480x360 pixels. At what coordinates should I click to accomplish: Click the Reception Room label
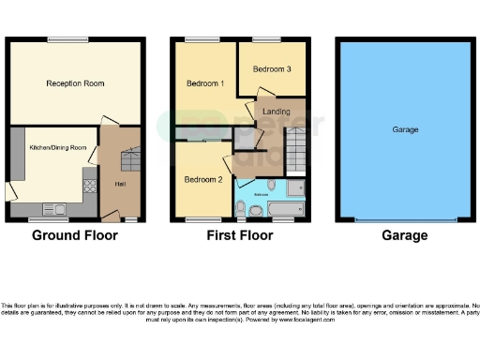75,83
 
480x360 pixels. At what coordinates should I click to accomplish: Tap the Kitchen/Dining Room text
57,148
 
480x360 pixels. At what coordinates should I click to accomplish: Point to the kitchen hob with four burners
90,184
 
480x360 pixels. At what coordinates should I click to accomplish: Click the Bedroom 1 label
204,83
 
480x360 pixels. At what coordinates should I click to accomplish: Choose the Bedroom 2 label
202,179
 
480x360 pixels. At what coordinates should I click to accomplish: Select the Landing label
276,112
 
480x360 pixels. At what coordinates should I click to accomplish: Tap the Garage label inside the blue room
405,129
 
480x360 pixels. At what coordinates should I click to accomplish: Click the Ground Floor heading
75,235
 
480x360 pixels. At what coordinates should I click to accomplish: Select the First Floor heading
239,235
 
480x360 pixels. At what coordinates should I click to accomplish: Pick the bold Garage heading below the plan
405,235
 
